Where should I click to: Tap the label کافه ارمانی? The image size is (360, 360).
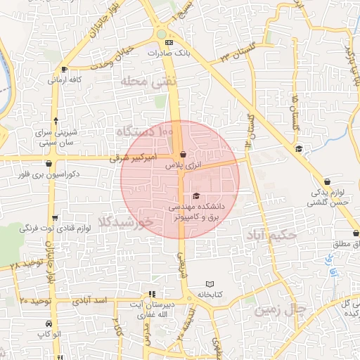(x=65, y=79)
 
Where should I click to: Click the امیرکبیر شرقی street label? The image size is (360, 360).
(x=138, y=160)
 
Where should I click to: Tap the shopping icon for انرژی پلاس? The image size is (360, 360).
(x=183, y=154)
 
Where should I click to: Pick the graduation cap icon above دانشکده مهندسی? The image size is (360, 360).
(x=196, y=195)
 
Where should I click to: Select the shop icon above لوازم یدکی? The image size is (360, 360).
(x=326, y=180)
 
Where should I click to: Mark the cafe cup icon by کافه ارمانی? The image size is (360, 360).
(x=65, y=69)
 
